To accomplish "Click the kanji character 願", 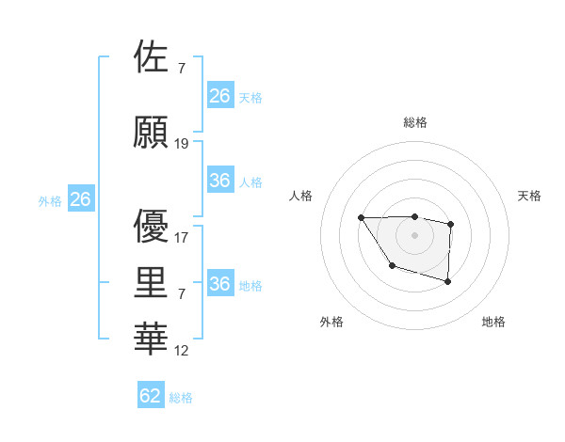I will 153,132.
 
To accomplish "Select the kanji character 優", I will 153,226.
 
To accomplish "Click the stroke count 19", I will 182,144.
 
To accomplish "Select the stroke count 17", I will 182,238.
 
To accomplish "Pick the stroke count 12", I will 182,351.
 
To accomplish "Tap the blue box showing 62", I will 151,396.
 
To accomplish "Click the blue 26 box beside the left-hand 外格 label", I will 80,199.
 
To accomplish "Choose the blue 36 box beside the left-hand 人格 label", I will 220,181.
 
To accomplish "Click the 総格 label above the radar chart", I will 414,122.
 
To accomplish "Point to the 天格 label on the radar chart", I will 530,196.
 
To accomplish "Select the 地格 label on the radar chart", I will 493,322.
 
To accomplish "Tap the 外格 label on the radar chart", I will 331,322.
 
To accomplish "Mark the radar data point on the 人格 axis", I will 362,218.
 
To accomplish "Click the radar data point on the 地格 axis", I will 447,281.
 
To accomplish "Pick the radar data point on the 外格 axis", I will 392,266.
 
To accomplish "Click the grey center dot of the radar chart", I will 414,234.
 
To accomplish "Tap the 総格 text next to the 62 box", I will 181,398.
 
